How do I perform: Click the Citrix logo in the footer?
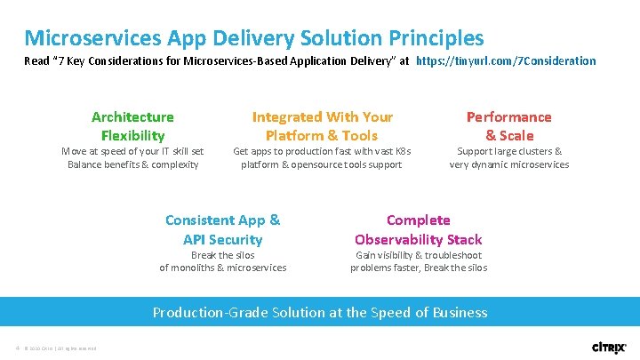[610, 347]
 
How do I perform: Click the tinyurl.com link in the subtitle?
[506, 61]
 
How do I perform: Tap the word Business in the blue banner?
[457, 312]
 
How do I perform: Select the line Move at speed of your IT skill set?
[132, 151]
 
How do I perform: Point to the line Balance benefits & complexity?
[132, 164]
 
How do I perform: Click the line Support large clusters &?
[508, 151]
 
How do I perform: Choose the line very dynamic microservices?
[508, 164]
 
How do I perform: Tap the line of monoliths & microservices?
[222, 268]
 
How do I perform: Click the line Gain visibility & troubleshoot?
[418, 255]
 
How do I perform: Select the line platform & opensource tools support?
[322, 164]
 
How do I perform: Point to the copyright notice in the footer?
[60, 347]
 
